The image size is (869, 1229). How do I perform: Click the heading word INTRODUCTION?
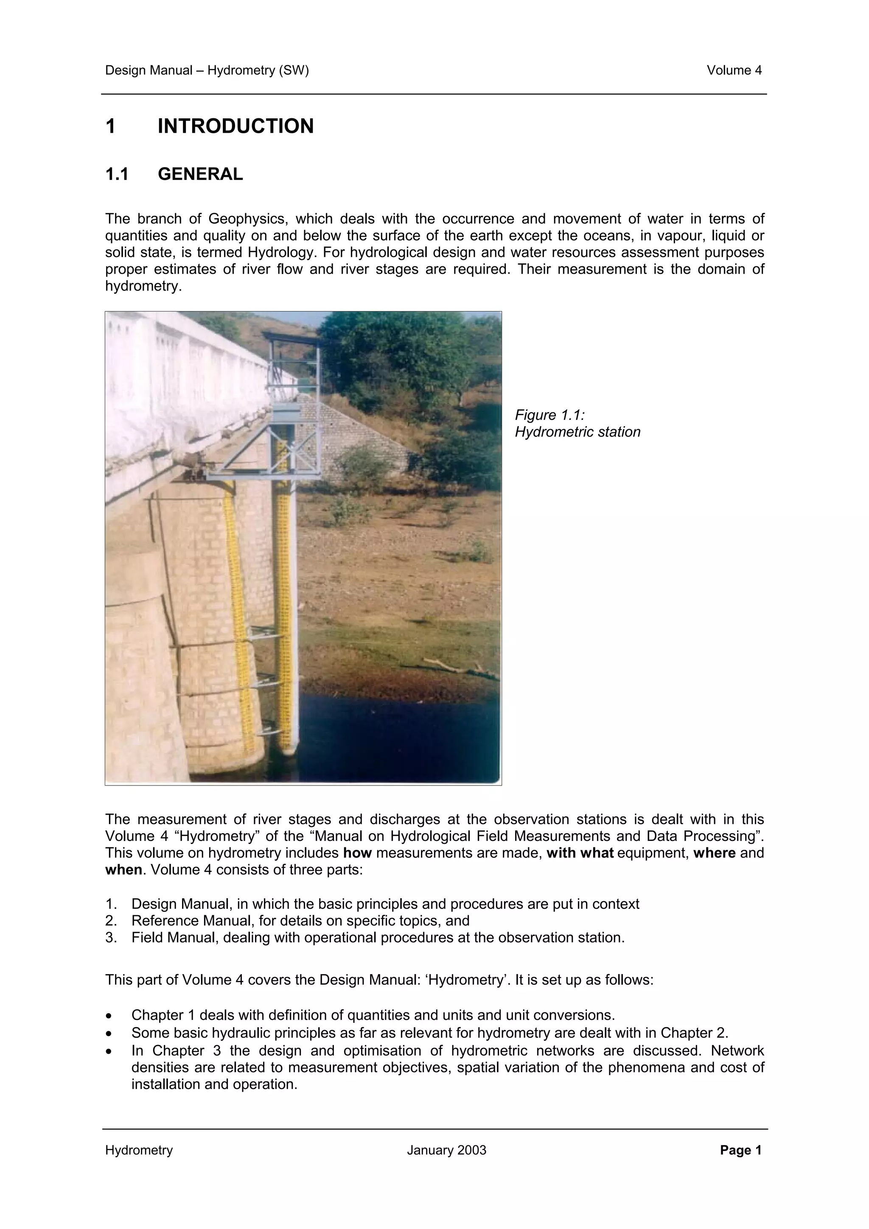[235, 126]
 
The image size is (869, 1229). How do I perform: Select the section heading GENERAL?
[200, 174]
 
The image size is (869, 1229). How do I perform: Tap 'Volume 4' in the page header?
[734, 70]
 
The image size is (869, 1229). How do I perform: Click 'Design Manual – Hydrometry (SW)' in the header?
[207, 70]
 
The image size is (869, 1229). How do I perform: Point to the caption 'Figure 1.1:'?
[549, 415]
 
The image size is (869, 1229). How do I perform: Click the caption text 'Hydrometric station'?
[577, 432]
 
